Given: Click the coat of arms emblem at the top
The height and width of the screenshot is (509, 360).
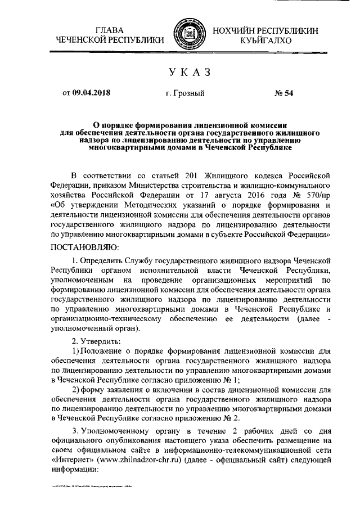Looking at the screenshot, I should click(186, 34).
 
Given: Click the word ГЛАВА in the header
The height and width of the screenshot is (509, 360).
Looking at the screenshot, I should click(110, 29).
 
